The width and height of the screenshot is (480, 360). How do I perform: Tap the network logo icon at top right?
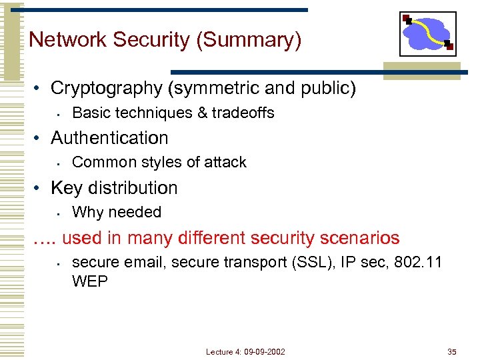[427, 33]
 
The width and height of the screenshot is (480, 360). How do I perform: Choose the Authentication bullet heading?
[109, 138]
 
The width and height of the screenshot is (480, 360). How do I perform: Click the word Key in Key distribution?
[66, 188]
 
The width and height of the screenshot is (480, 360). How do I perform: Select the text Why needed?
[117, 212]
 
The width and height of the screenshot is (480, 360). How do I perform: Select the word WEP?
[89, 281]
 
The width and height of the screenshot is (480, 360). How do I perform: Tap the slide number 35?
[452, 351]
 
